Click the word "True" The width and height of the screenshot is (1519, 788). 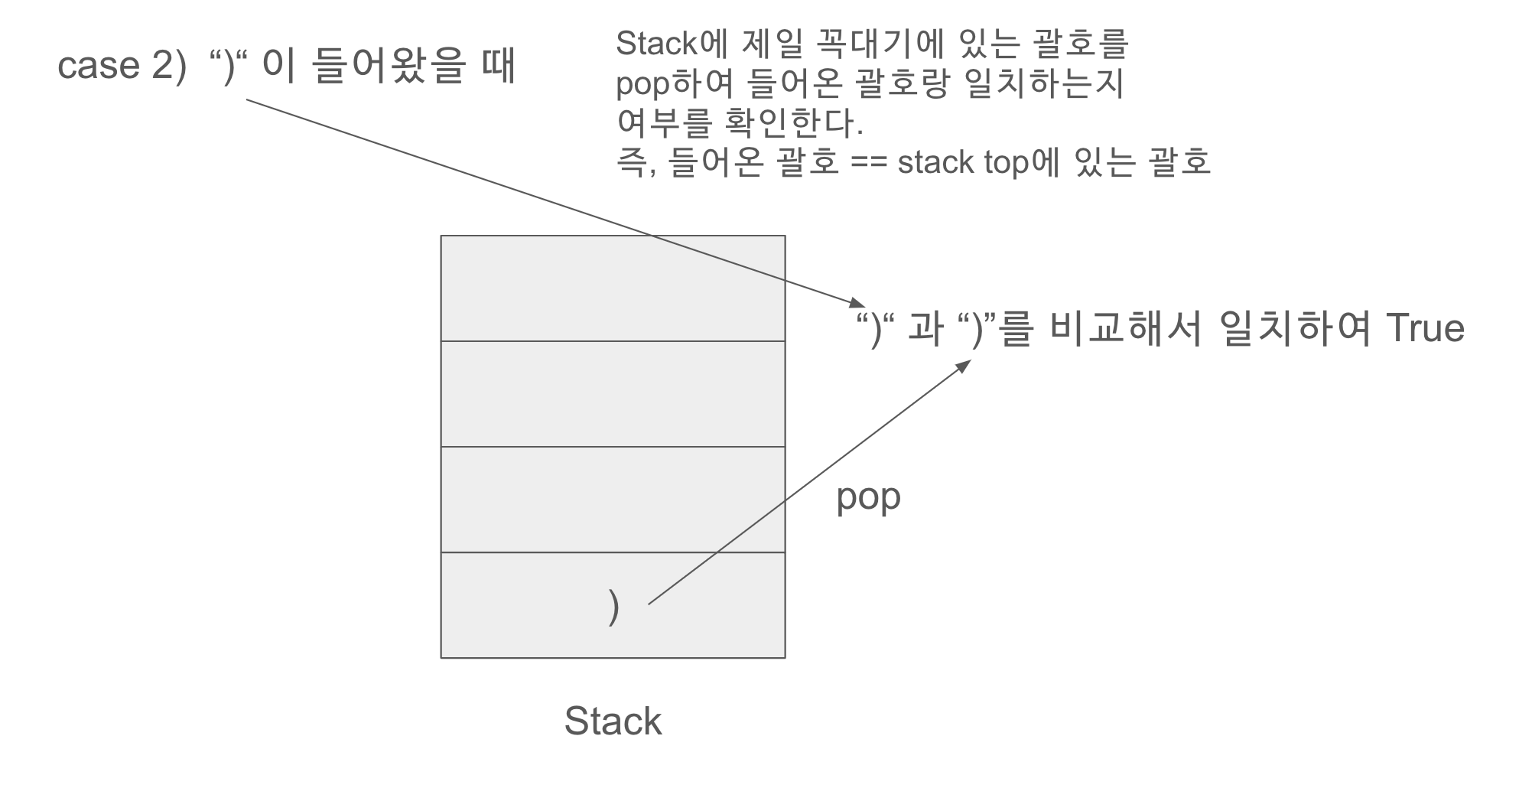(1424, 329)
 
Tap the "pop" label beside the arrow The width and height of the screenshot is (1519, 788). (868, 498)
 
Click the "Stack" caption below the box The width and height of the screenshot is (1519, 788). (613, 721)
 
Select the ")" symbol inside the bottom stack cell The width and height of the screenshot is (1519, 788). (613, 607)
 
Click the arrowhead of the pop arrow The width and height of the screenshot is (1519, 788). (964, 366)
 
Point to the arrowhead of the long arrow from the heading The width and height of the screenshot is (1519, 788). (858, 302)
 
